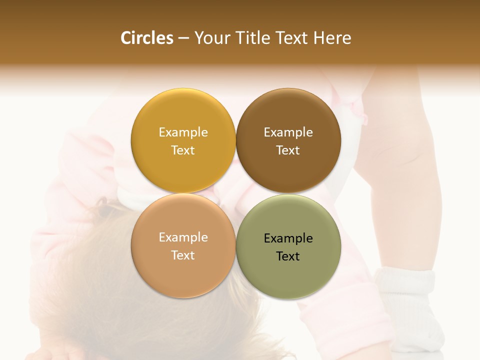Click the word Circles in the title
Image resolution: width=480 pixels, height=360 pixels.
pyautogui.click(x=147, y=38)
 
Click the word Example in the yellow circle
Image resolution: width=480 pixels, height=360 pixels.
pyautogui.click(x=183, y=132)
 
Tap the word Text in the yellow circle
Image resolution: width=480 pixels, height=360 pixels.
pyautogui.click(x=183, y=150)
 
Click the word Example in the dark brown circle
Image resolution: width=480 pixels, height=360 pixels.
pyautogui.click(x=288, y=132)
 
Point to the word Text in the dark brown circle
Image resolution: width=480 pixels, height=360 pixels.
pyautogui.click(x=288, y=150)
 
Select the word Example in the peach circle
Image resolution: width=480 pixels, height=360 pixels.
pyautogui.click(x=183, y=237)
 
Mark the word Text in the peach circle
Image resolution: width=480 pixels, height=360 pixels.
pyautogui.click(x=183, y=255)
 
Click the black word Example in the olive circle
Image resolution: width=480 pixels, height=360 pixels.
pyautogui.click(x=288, y=238)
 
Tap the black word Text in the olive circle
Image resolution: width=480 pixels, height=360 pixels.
pyautogui.click(x=288, y=256)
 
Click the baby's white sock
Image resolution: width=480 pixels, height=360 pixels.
pyautogui.click(x=407, y=305)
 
